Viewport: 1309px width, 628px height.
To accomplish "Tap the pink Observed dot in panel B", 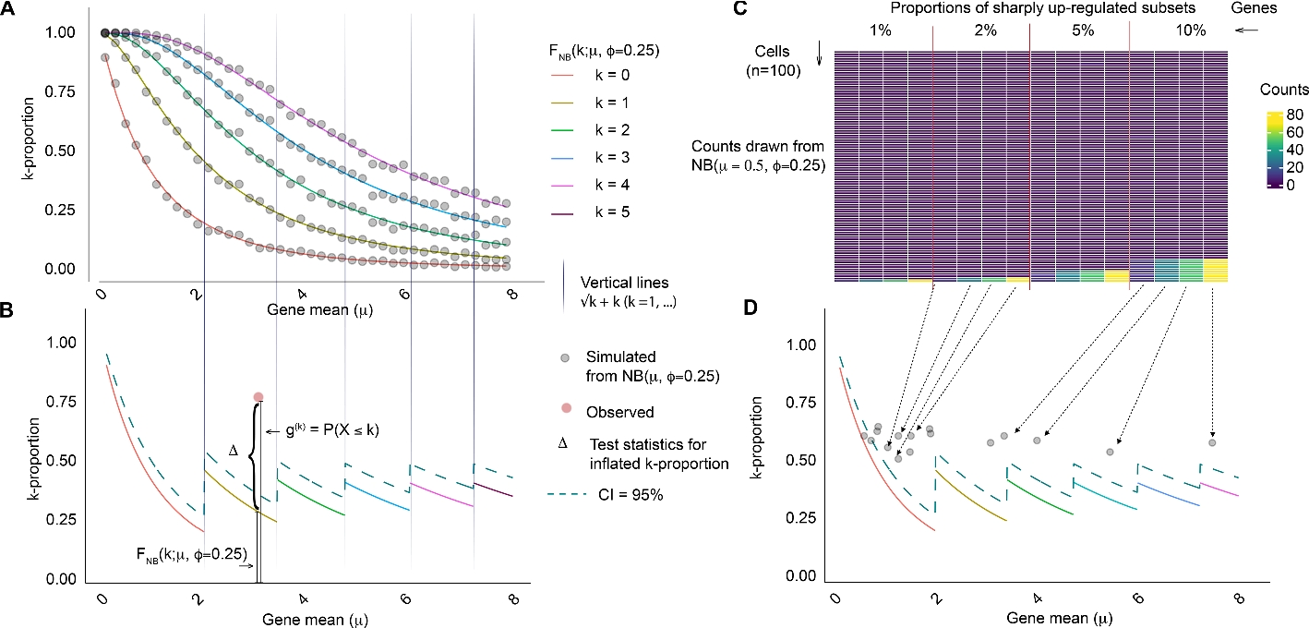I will tap(258, 397).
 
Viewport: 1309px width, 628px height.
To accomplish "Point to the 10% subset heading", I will tap(1191, 30).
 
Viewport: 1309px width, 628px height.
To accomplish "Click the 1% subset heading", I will tap(881, 30).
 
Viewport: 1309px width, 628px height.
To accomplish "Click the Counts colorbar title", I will tap(1284, 91).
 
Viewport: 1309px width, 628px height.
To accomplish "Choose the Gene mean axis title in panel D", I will tap(1045, 617).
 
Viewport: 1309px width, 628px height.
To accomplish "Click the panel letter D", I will tap(764, 308).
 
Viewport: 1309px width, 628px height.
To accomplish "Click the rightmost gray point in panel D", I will tap(1212, 442).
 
